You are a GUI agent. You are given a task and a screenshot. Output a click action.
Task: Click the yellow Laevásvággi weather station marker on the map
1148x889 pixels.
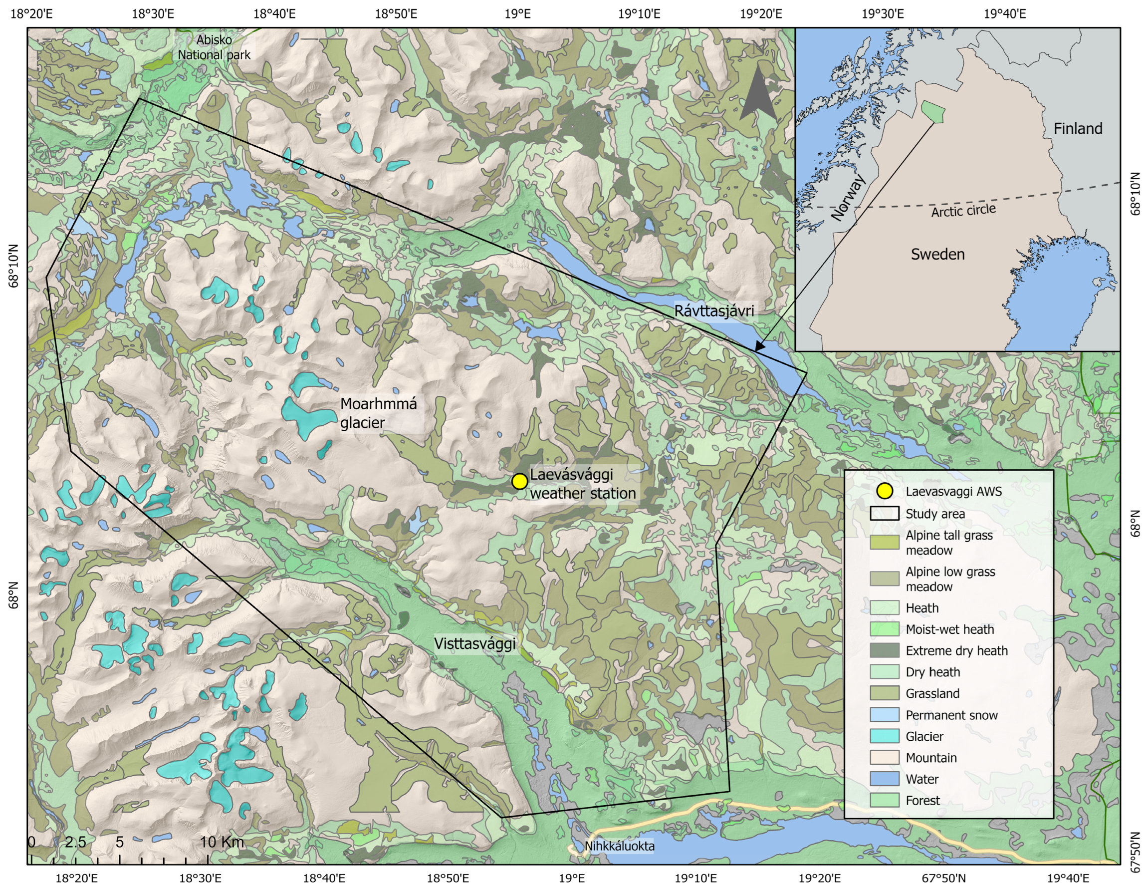pyautogui.click(x=519, y=481)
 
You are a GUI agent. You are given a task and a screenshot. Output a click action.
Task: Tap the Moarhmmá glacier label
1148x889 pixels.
pyautogui.click(x=378, y=413)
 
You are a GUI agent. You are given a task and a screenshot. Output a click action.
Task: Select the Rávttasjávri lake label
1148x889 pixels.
pyautogui.click(x=714, y=311)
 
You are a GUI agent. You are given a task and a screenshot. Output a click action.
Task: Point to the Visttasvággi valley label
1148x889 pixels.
pyautogui.click(x=474, y=644)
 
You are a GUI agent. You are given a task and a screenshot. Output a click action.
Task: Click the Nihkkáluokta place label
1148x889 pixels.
pyautogui.click(x=619, y=847)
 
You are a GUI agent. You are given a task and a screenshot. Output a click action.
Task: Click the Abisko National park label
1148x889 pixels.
pyautogui.click(x=214, y=47)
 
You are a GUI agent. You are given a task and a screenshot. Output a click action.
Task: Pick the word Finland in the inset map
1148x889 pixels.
pyautogui.click(x=1078, y=128)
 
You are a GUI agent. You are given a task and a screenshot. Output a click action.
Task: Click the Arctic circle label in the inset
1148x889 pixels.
pyautogui.click(x=963, y=211)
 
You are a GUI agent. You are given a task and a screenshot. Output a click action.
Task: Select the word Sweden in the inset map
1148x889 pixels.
pyautogui.click(x=937, y=255)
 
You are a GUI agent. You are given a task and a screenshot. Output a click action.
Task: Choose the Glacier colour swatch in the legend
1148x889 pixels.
pyautogui.click(x=884, y=736)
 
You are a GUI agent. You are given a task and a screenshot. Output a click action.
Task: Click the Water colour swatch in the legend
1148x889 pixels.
pyautogui.click(x=884, y=779)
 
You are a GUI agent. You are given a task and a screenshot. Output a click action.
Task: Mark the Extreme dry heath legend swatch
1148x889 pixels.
pyautogui.click(x=884, y=650)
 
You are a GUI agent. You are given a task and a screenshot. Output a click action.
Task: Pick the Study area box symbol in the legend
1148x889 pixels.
pyautogui.click(x=884, y=514)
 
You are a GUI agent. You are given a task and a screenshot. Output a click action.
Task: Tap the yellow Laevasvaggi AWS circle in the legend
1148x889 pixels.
pyautogui.click(x=884, y=491)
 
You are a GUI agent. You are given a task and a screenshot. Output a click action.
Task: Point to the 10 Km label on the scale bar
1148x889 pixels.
pyautogui.click(x=222, y=842)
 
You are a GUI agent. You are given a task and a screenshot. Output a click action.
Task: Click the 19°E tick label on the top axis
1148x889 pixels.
pyautogui.click(x=517, y=13)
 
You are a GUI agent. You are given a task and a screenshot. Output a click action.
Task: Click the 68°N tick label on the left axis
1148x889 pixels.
pyautogui.click(x=13, y=595)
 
